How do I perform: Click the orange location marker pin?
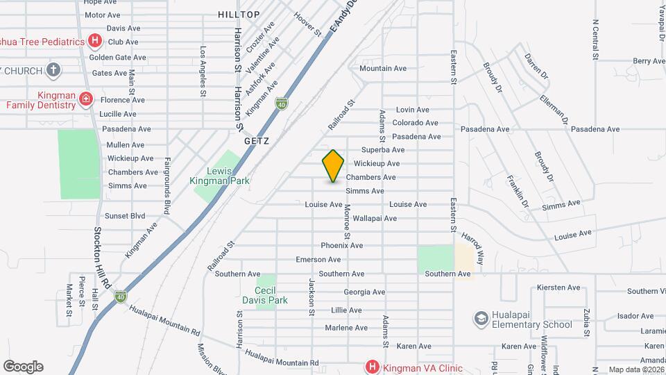(334, 165)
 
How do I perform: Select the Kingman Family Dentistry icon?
(86, 99)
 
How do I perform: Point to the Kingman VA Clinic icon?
(372, 367)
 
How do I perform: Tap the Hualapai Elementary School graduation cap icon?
(480, 318)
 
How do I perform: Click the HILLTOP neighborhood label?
(238, 14)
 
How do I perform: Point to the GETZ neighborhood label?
(255, 140)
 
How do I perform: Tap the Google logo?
(23, 366)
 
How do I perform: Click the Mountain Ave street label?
(382, 68)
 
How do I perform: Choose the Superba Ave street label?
(383, 150)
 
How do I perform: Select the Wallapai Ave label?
(374, 218)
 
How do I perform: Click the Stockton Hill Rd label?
(102, 258)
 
